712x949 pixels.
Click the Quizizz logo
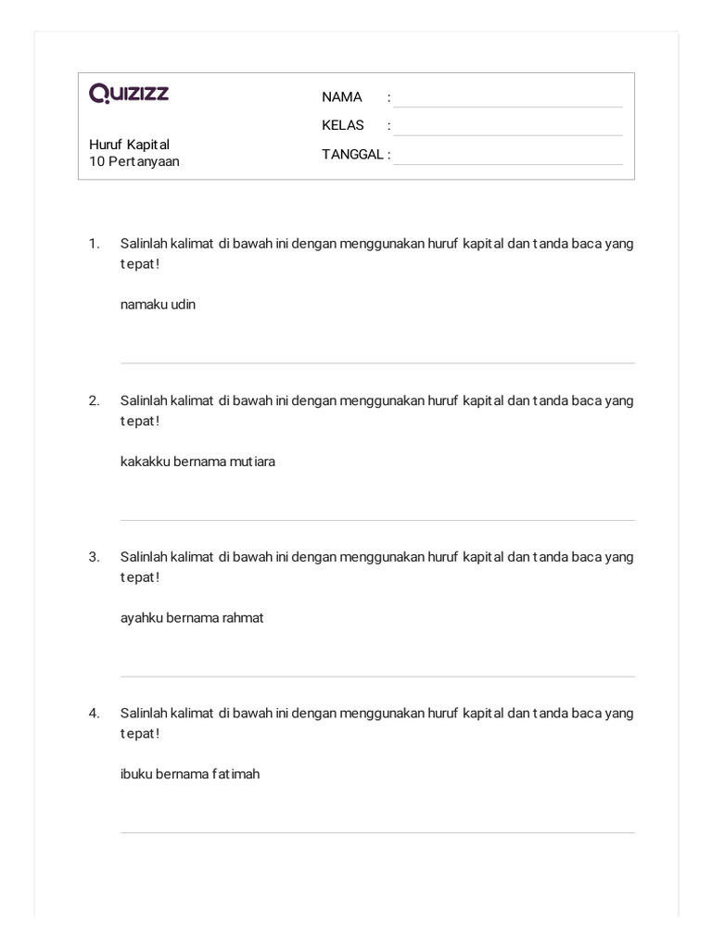click(x=129, y=93)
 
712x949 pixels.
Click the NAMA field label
click(x=341, y=97)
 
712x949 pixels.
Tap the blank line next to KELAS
click(x=507, y=133)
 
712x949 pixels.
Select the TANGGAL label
click(x=352, y=155)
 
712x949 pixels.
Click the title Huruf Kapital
click(x=129, y=145)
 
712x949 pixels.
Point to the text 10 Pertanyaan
click(x=134, y=161)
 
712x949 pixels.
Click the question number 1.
click(x=94, y=244)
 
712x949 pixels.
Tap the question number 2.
click(x=94, y=401)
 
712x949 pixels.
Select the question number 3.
click(x=94, y=557)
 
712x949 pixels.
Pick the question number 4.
click(x=94, y=714)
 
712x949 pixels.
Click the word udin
click(x=182, y=305)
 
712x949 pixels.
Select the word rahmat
click(x=243, y=618)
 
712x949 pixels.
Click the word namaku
click(x=142, y=305)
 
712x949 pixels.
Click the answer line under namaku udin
click(x=377, y=361)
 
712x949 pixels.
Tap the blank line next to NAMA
click(x=507, y=106)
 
